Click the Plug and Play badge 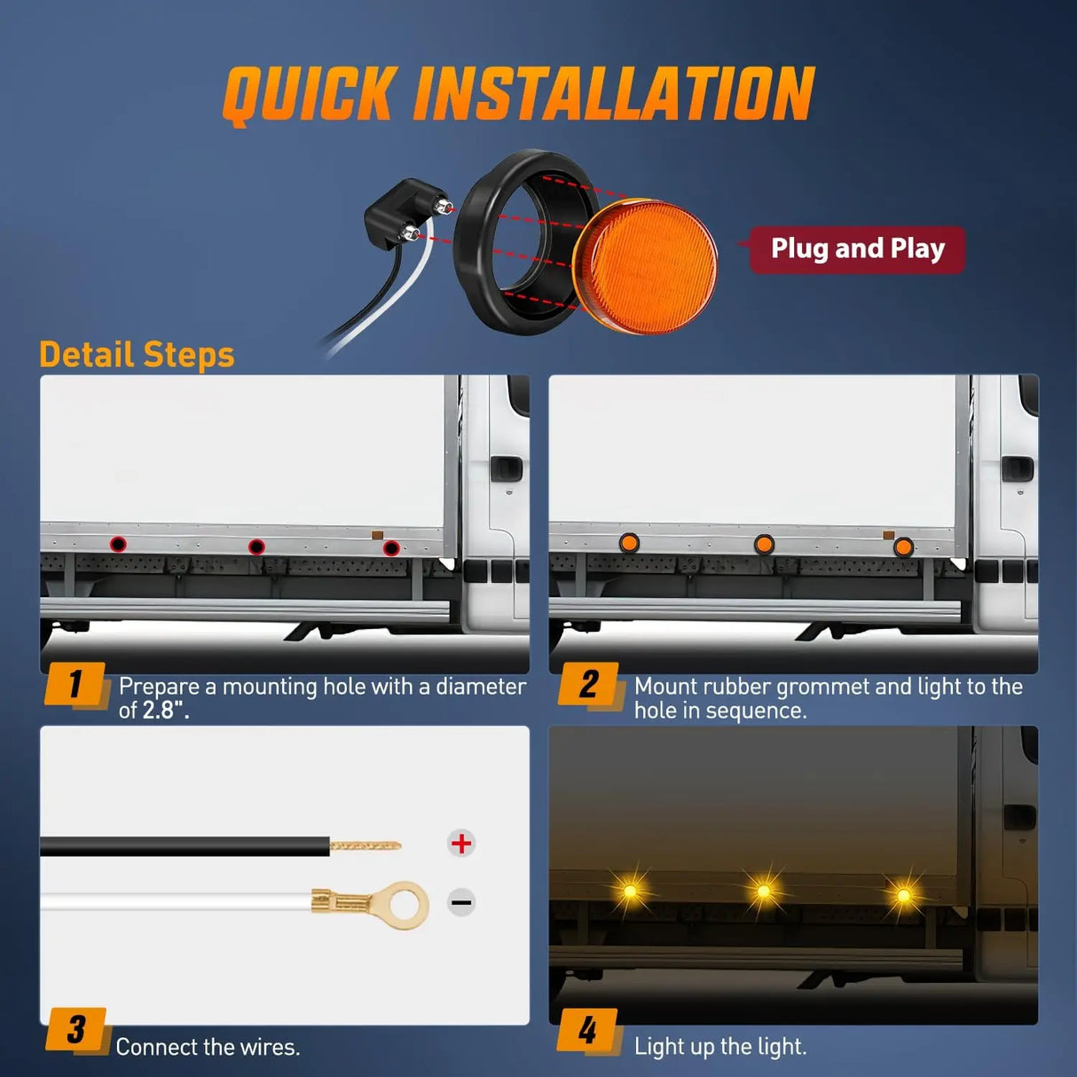857,249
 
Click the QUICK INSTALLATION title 518,94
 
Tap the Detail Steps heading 137,355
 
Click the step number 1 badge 75,685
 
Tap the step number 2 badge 588,685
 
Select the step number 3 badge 76,1030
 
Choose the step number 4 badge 587,1031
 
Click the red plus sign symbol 461,843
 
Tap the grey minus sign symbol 461,903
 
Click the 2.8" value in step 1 166,711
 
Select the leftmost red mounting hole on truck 118,544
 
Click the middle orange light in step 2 764,544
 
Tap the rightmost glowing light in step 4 903,894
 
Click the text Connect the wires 208,1047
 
